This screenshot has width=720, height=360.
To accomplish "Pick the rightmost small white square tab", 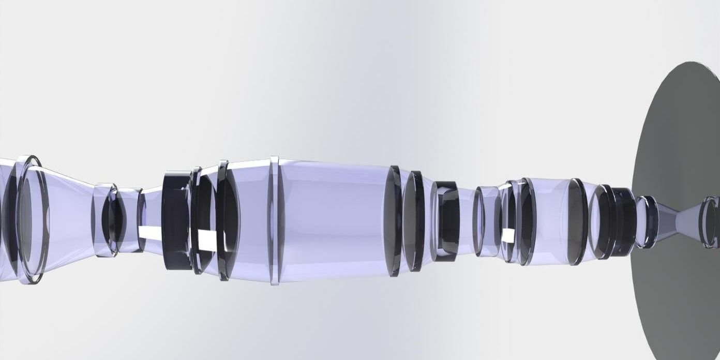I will point(508,236).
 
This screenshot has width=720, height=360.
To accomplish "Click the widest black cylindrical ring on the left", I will point(177,220).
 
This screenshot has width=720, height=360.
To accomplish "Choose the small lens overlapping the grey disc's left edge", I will point(646,221).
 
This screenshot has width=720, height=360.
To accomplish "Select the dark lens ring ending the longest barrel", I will point(394,221).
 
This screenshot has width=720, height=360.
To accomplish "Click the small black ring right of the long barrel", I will point(445,221).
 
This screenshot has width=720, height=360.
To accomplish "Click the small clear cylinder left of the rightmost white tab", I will point(486,221).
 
